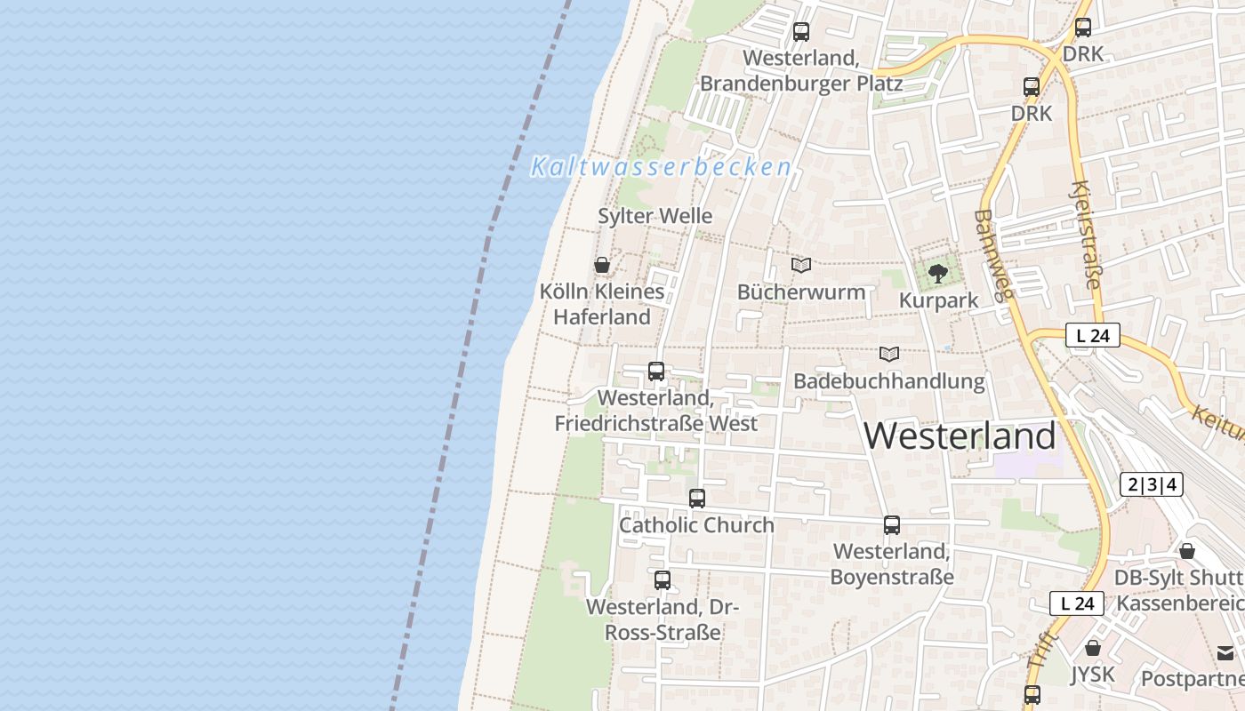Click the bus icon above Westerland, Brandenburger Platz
800,32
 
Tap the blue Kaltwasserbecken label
661,167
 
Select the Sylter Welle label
655,216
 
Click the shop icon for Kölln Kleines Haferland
602,265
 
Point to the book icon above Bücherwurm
801,265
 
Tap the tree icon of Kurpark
937,273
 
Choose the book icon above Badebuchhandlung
889,354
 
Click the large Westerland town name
960,435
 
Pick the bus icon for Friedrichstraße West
656,371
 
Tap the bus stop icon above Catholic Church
697,499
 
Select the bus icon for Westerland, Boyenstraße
892,525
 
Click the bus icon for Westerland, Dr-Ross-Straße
663,580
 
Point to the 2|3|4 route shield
1152,484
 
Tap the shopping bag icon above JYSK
1092,648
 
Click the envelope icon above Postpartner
1225,652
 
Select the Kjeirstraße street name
1086,235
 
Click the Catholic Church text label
696,525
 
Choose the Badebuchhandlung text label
889,382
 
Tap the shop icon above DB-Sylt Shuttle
1186,551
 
